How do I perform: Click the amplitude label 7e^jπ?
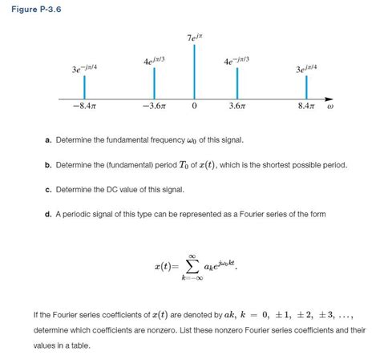(195, 37)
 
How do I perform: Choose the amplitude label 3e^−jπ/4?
(85, 71)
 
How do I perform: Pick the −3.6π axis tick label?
(153, 106)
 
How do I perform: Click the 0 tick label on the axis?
(194, 106)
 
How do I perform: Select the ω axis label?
(329, 105)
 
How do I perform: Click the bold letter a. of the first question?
(49, 141)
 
